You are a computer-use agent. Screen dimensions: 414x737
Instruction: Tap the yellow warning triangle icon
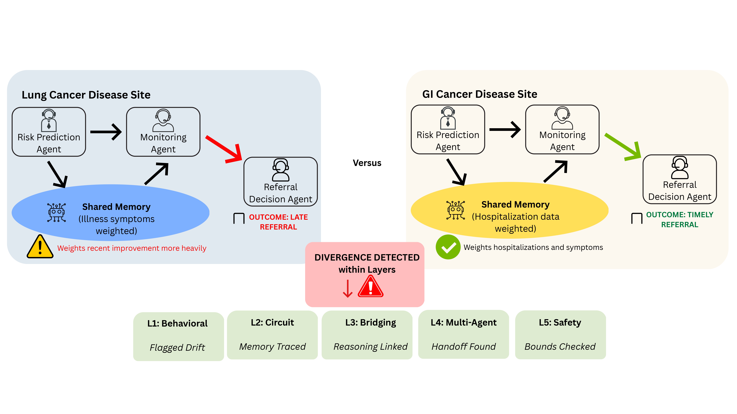tap(40, 247)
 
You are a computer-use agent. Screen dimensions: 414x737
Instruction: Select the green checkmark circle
tap(448, 247)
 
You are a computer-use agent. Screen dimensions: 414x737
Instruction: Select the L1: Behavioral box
tap(178, 336)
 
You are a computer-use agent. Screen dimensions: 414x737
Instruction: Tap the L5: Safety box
tap(560, 335)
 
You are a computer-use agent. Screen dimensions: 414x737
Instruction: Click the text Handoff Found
tap(463, 347)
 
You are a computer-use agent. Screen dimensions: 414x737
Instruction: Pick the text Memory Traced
tap(272, 347)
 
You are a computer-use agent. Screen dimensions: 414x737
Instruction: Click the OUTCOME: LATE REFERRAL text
tap(278, 222)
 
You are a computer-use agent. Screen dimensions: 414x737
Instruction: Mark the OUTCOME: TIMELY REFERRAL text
tap(680, 219)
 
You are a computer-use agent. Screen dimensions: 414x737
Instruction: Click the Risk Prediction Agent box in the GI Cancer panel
tap(448, 129)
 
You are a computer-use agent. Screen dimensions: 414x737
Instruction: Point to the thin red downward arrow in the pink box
tap(348, 289)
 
